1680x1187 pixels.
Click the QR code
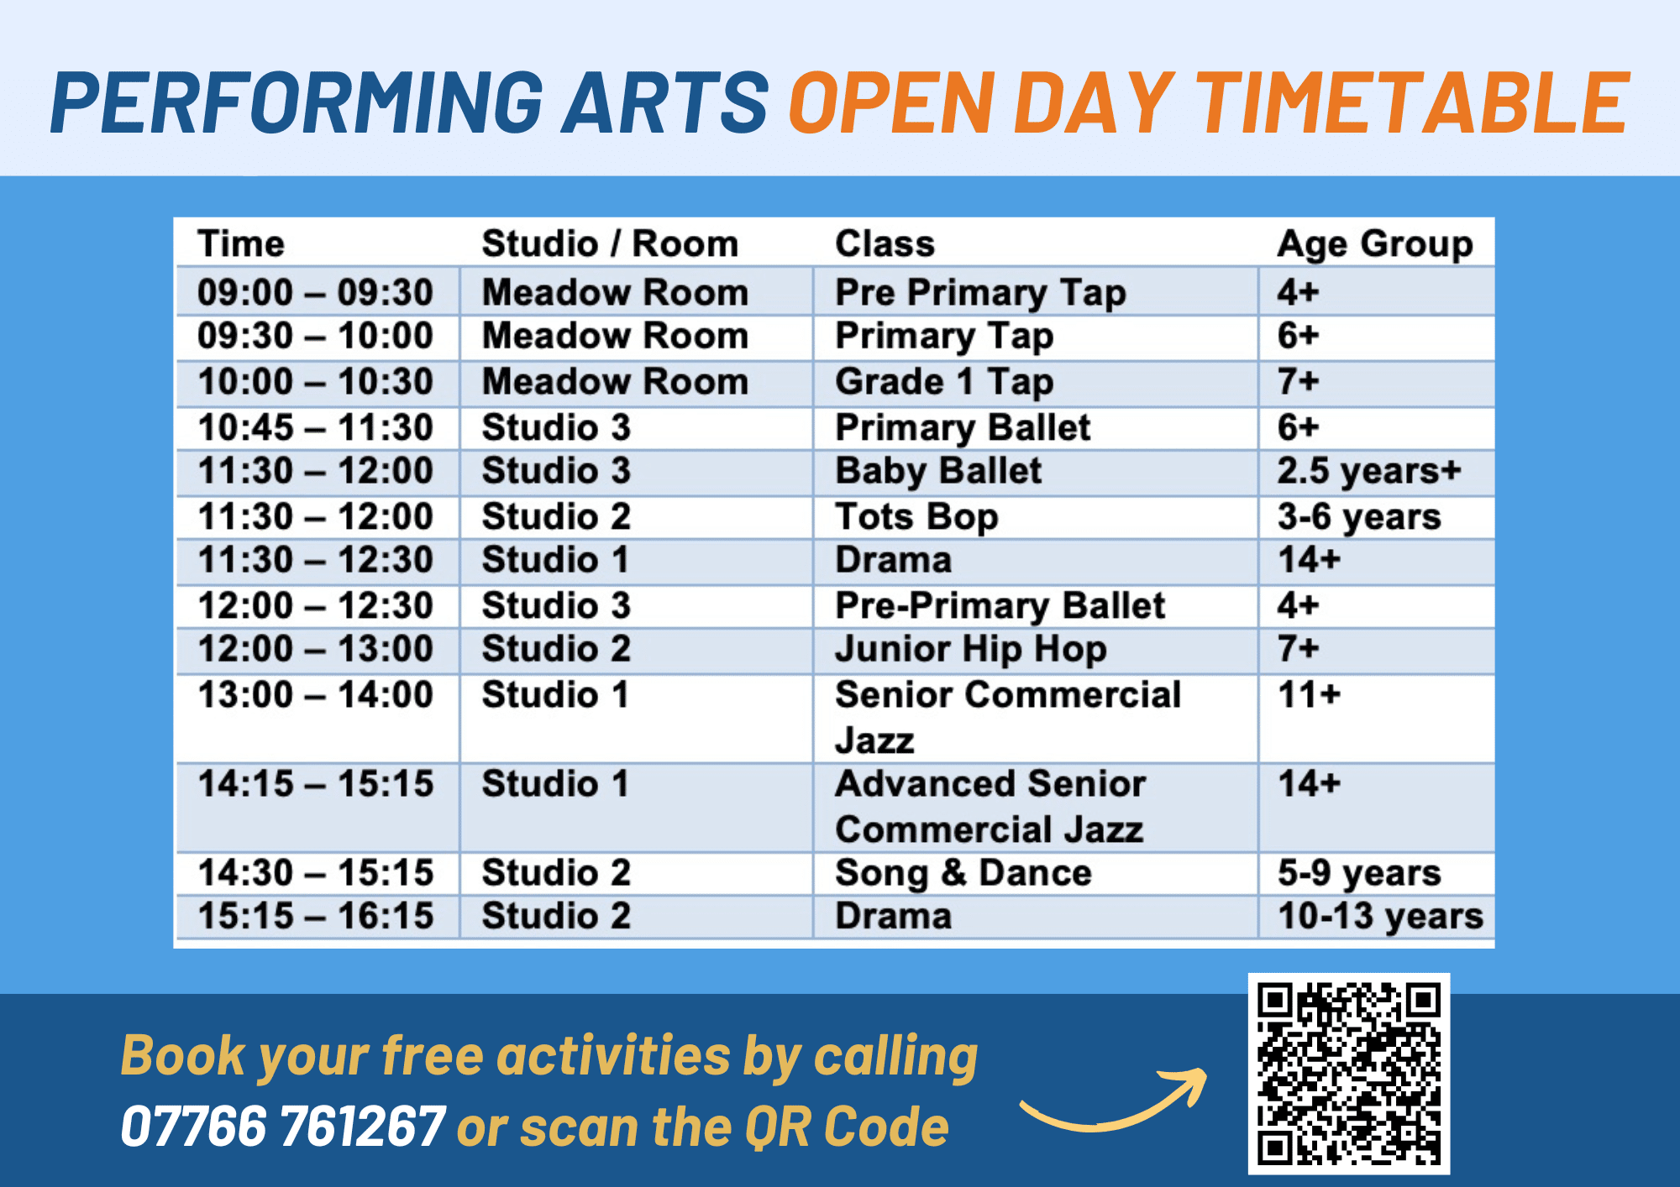coord(1349,1074)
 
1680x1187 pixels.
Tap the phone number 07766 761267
coord(282,1126)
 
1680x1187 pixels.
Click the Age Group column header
coord(1375,244)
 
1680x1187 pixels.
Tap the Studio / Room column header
coord(610,244)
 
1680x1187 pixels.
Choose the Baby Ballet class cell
coord(938,471)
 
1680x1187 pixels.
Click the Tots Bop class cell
coord(916,517)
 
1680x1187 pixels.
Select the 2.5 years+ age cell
coord(1369,471)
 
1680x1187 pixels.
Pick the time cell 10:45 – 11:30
coord(315,427)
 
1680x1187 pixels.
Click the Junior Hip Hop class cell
coord(971,649)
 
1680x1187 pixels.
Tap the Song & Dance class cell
coord(963,873)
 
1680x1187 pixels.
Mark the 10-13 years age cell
coord(1380,916)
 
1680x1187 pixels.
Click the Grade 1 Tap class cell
coord(944,382)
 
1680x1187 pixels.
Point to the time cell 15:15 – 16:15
coord(315,916)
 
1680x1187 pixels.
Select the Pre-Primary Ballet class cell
coord(1000,606)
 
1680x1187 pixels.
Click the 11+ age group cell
coord(1310,695)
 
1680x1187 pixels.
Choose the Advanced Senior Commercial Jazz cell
coord(990,807)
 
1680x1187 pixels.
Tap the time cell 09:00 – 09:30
coord(315,293)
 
